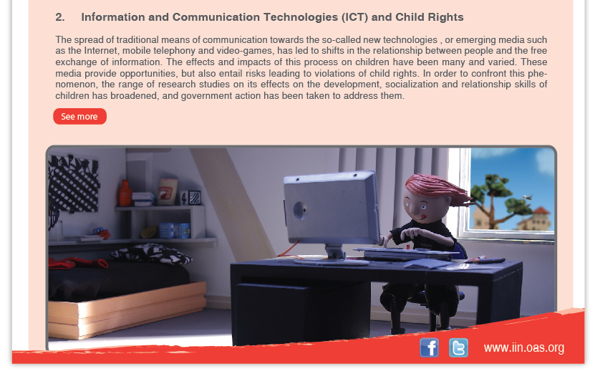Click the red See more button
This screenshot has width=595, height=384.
[79, 116]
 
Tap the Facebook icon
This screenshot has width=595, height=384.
[429, 347]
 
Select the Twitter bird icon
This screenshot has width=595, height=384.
[458, 347]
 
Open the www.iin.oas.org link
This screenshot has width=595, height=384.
[524, 347]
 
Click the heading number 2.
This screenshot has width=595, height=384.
[59, 17]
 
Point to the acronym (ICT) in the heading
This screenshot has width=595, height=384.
[355, 17]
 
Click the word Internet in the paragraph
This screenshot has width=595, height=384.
[101, 51]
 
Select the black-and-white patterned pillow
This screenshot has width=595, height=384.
[151, 254]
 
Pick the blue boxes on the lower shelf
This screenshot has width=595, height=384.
[175, 231]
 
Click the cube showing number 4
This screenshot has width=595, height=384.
[184, 198]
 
